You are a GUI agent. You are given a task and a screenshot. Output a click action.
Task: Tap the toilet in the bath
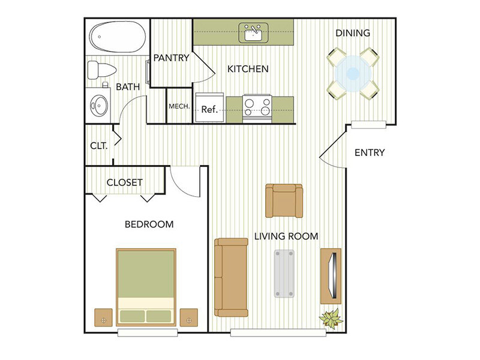[x=100, y=69]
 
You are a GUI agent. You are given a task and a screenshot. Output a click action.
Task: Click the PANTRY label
[x=171, y=58]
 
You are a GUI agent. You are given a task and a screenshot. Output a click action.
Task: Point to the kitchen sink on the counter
[x=253, y=32]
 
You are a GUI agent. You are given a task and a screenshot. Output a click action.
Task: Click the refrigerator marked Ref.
[x=209, y=109]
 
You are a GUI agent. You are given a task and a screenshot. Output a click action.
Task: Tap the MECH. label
[x=179, y=106]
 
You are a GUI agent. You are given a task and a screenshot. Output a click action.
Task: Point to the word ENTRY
[x=369, y=152]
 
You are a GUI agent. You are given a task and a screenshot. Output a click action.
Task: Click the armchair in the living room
[x=284, y=201]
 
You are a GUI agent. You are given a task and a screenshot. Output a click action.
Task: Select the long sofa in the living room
[x=231, y=277]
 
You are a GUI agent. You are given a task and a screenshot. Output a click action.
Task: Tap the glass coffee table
[x=285, y=274]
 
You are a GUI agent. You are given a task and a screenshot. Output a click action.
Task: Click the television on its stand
[x=332, y=275]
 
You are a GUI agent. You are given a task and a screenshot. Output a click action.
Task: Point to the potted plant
[x=331, y=317]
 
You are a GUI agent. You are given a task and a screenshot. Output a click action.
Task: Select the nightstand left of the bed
[x=104, y=316]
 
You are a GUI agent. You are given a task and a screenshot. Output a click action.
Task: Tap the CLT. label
[x=98, y=146]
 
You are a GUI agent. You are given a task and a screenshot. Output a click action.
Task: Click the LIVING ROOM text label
[x=286, y=236]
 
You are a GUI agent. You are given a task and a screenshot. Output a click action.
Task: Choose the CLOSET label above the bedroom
[x=124, y=182]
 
